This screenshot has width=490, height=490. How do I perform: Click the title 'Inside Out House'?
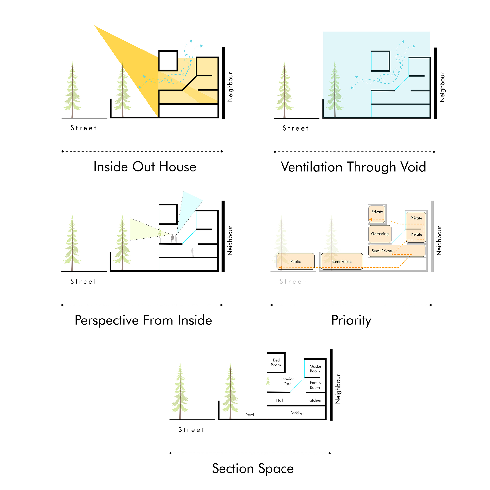coord(145,167)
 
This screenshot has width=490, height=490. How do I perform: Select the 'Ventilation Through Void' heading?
coord(353,167)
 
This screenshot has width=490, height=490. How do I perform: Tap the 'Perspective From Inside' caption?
coord(143,320)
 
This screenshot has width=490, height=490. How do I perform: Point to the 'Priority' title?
coord(351,320)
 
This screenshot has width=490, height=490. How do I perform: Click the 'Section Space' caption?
coord(253,468)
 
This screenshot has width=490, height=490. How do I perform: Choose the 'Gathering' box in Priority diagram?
coord(380,234)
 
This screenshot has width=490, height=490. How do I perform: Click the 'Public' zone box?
coord(295,261)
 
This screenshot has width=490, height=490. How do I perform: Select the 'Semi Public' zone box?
coord(342,261)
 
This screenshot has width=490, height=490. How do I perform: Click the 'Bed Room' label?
coord(276,362)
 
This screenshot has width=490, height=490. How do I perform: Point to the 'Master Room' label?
coord(315,368)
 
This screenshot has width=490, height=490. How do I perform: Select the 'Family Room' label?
coord(315,385)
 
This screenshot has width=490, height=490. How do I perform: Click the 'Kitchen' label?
coord(315,400)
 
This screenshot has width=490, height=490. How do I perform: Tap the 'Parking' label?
coord(297,413)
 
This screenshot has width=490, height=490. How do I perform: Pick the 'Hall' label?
coord(280,400)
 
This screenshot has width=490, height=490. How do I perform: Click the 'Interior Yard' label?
coord(288,381)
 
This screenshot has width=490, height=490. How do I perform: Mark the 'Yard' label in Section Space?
coord(250,415)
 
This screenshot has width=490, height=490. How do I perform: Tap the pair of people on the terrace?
coord(174,239)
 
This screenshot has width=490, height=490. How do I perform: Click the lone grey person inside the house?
coord(192,252)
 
